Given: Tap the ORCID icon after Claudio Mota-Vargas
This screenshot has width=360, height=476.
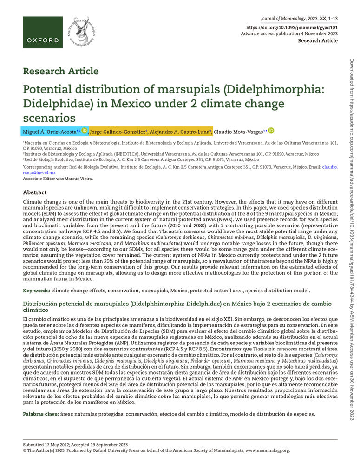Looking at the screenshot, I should (271, 131).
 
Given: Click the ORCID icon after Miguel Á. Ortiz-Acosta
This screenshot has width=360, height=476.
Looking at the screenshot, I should (85, 131).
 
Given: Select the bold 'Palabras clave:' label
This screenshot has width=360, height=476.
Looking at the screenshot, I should (41, 414).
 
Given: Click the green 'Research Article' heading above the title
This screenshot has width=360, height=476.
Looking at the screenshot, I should (60, 71).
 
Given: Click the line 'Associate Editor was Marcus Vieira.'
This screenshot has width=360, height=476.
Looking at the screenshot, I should (58, 178).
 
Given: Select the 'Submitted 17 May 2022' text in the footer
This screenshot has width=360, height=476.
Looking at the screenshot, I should (50, 444).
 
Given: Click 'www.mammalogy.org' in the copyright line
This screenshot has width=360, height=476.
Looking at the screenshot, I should (267, 450).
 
